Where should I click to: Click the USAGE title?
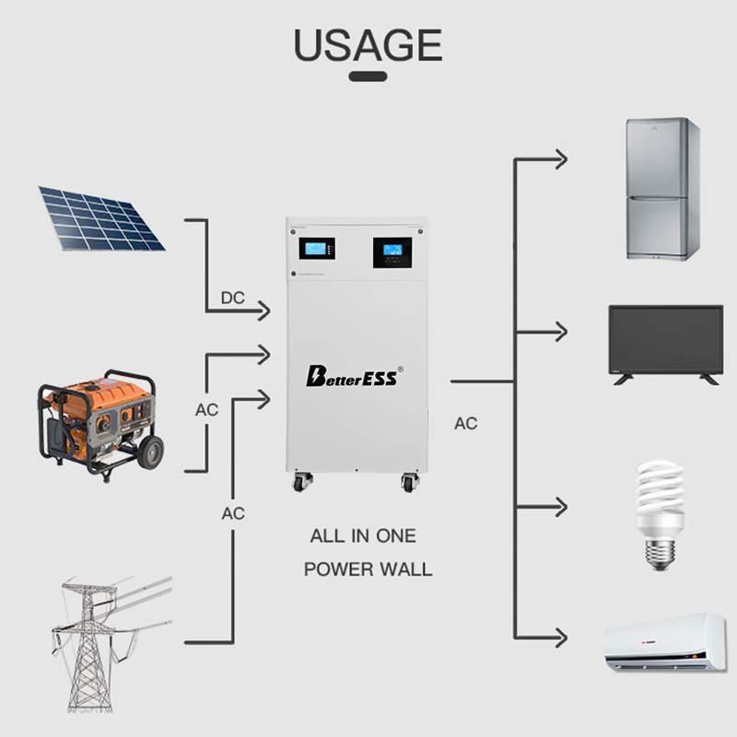click(368, 44)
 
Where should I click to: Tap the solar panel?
click(100, 219)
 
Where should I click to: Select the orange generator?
click(97, 420)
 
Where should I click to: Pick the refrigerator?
click(662, 189)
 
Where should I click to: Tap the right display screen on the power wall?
click(392, 251)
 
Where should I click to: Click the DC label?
click(232, 298)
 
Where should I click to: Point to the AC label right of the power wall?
click(466, 424)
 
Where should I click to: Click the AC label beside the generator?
click(207, 410)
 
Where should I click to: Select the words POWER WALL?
click(368, 568)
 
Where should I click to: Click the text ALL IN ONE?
click(363, 536)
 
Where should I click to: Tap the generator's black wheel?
click(148, 451)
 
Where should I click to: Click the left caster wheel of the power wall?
click(303, 482)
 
